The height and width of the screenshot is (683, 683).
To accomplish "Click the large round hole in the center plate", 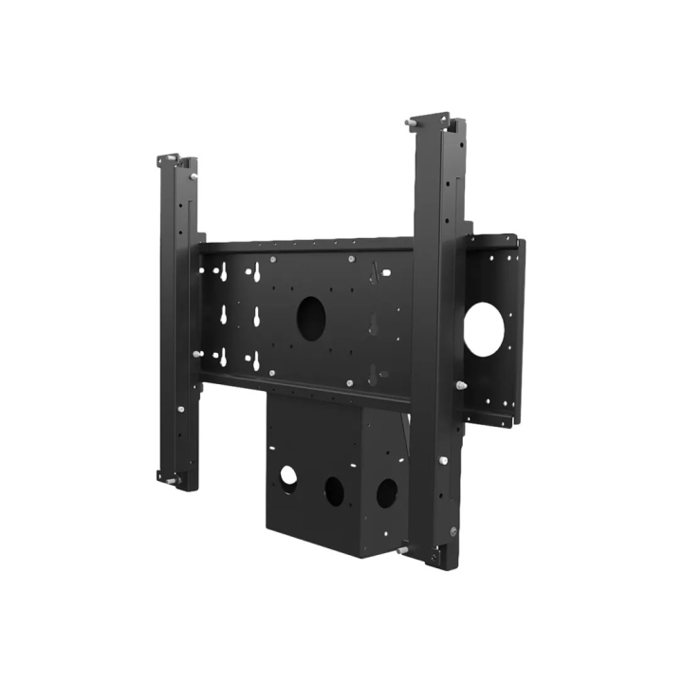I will (x=310, y=319).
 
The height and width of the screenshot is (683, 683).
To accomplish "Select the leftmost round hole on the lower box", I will (x=288, y=477).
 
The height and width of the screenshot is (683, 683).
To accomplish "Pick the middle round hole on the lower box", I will (x=335, y=489).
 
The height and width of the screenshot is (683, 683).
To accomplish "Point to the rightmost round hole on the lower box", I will (x=386, y=493).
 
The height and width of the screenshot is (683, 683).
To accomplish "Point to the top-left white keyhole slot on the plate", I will (x=223, y=272).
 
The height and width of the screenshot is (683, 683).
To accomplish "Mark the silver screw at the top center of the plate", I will (x=352, y=259).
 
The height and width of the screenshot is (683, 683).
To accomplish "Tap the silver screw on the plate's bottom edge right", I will (x=350, y=383).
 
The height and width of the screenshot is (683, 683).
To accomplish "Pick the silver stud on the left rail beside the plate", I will (x=197, y=354).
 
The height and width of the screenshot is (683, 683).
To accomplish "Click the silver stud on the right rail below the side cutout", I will (x=461, y=386).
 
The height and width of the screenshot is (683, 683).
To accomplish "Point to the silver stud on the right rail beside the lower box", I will (x=443, y=461).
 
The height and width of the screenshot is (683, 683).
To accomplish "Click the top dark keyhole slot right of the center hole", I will (x=375, y=272).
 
